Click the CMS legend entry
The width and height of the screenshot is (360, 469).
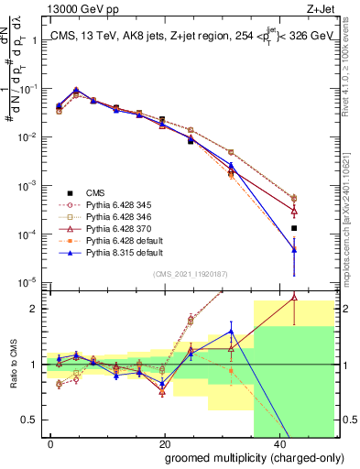[x=95, y=192]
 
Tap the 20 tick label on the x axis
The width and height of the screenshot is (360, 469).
[x=165, y=444]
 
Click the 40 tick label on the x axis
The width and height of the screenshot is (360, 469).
[x=279, y=444]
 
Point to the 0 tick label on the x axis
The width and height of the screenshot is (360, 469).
[x=51, y=444]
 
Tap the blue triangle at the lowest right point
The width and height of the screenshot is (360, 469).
[x=294, y=248]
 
